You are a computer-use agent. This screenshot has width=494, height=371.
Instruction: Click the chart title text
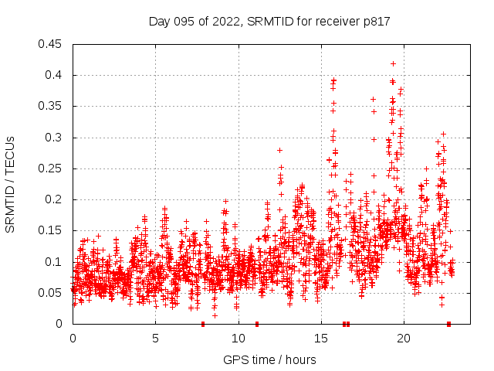coord(269,22)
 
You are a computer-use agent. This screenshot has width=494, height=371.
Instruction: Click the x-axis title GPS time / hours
coord(269,359)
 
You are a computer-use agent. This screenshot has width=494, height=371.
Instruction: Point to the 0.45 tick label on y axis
coord(52,44)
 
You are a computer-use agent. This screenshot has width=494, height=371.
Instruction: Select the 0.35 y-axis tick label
coord(52,106)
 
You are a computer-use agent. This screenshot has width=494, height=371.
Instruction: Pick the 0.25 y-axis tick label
coord(52,168)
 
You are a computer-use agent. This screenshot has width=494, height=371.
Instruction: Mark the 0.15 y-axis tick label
coord(52,230)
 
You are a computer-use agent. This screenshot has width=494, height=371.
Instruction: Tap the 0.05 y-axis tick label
coord(52,293)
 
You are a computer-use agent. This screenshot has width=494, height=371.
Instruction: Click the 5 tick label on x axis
coord(155,339)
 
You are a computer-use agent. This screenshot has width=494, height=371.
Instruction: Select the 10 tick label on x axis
coord(238,339)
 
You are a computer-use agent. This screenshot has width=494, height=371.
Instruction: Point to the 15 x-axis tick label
coord(320,339)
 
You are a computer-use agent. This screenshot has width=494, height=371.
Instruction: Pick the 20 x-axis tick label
coord(403,339)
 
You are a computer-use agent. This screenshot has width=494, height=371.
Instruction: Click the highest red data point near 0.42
coord(394,63)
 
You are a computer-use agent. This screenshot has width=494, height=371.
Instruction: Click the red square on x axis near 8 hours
coord(203,324)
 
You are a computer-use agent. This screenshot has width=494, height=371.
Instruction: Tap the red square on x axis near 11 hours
coord(257,324)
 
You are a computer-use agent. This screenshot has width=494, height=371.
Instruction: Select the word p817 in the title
coord(374,22)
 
